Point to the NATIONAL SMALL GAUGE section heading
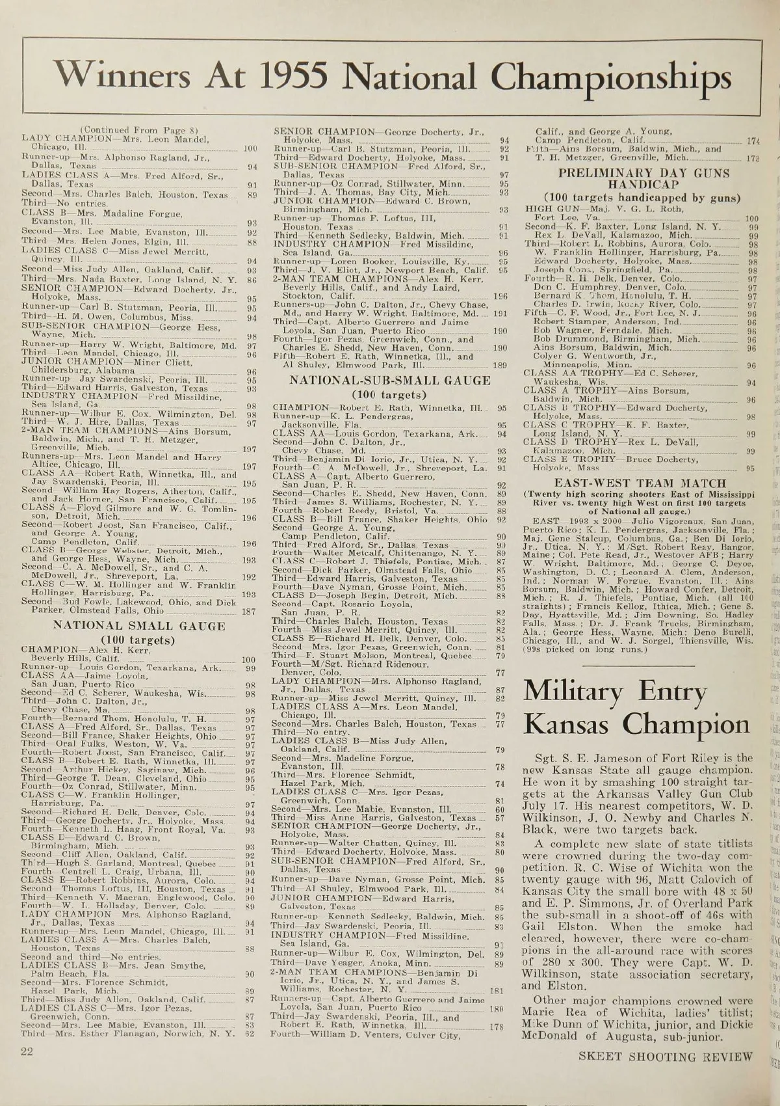[139, 626]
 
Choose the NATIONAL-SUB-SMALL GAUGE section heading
[390, 380]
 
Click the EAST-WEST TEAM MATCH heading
[639, 483]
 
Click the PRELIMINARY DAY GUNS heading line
[644, 173]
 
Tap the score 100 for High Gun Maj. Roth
[752, 219]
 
